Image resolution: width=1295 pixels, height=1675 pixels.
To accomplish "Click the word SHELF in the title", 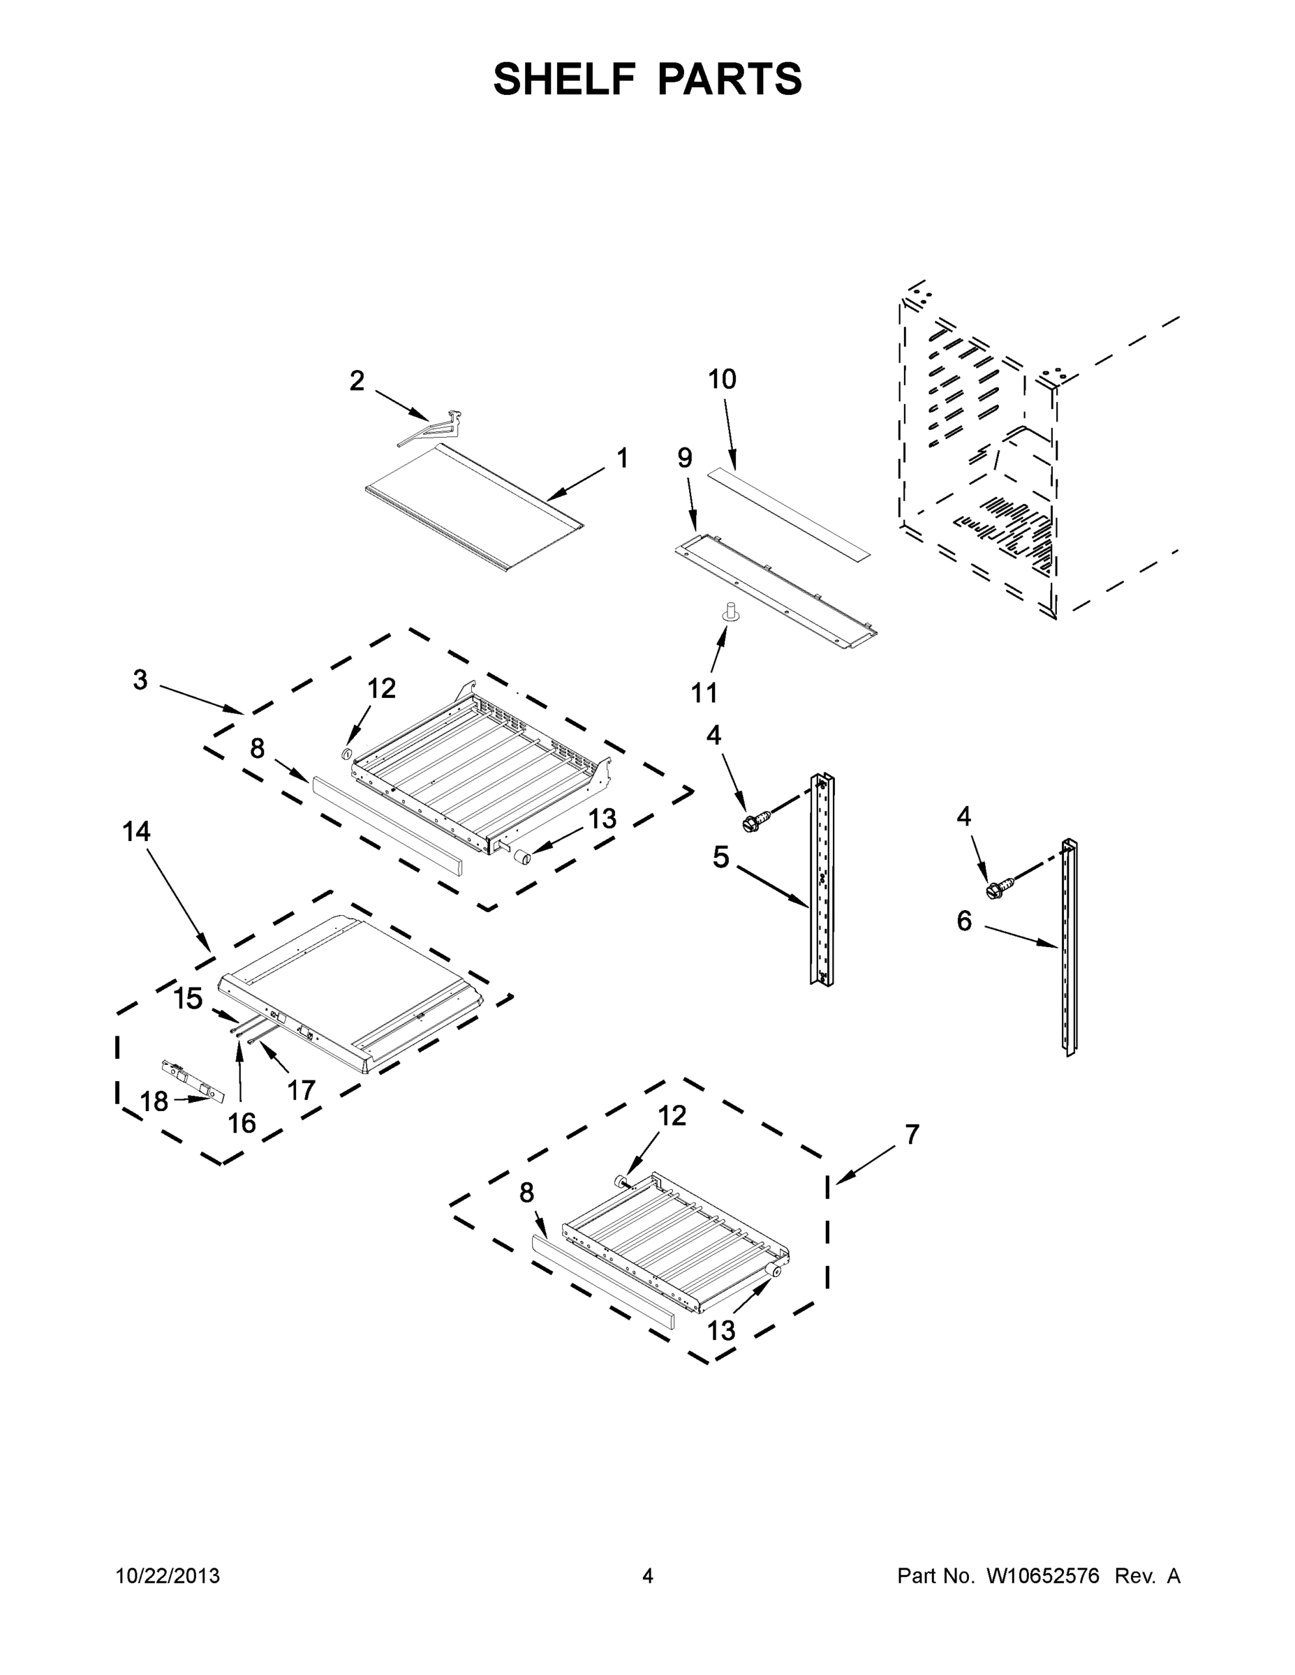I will pyautogui.click(x=564, y=79).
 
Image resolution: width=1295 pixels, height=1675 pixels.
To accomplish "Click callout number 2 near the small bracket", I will pyautogui.click(x=357, y=381).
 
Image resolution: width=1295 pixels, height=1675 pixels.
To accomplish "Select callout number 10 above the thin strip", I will pyautogui.click(x=722, y=379).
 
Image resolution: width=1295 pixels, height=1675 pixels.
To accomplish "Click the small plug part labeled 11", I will pyautogui.click(x=730, y=613).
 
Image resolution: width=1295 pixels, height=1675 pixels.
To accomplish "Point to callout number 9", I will pyautogui.click(x=684, y=459).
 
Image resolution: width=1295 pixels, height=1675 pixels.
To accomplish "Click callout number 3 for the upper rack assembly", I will pyautogui.click(x=140, y=680).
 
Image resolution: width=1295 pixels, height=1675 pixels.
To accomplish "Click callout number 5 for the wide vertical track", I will pyautogui.click(x=720, y=858).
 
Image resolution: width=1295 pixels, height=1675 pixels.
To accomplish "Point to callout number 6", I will pyautogui.click(x=964, y=921).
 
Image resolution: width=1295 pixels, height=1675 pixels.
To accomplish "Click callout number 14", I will pyautogui.click(x=137, y=831).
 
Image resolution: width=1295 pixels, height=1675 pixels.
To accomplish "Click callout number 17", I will pyautogui.click(x=301, y=1090).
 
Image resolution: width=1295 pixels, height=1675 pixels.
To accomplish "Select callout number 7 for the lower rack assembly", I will pyautogui.click(x=912, y=1134).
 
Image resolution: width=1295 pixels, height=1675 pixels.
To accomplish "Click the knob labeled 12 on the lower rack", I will pyautogui.click(x=621, y=1182).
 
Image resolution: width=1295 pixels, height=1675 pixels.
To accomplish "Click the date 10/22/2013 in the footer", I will pyautogui.click(x=168, y=1576).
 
